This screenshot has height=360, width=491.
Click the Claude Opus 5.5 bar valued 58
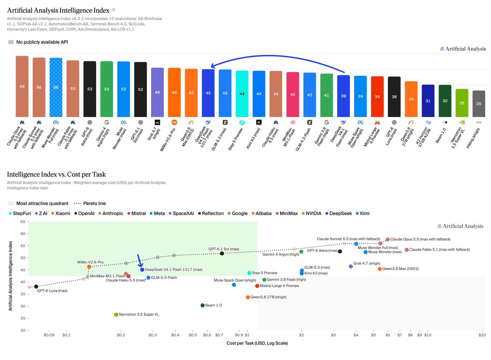tap(22, 87)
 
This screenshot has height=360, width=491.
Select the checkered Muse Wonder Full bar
tap(56, 88)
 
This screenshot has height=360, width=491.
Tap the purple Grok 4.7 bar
tap(157, 92)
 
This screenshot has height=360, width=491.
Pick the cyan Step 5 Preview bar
tap(242, 94)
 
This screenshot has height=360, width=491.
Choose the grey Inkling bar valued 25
tap(478, 104)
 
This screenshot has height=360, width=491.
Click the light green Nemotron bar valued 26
tap(462, 103)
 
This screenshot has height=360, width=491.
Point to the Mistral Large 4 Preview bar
tap(377, 97)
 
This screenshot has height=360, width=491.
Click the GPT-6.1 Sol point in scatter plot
tap(222, 253)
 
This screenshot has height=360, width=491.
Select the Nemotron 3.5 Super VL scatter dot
tap(116, 315)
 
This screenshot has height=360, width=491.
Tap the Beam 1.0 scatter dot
tap(203, 305)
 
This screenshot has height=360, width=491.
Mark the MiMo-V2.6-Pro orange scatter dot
tap(89, 267)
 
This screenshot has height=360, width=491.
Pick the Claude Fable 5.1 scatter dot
tap(407, 250)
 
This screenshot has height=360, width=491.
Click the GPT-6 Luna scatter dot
tap(36, 286)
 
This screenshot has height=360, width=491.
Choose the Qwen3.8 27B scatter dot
tap(248, 297)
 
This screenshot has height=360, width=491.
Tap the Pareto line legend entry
tap(90, 203)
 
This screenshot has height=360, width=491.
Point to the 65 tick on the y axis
tap(23, 222)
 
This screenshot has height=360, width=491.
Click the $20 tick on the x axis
tap(482, 335)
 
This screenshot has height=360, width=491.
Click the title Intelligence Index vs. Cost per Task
tap(57, 174)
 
